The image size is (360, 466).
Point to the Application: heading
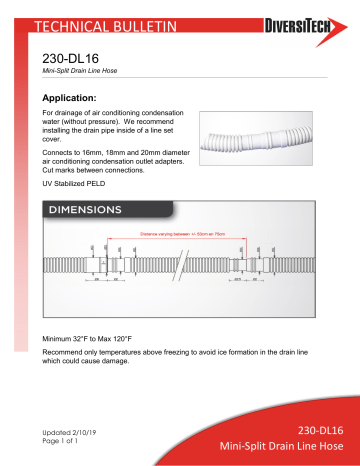pos(83,99)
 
